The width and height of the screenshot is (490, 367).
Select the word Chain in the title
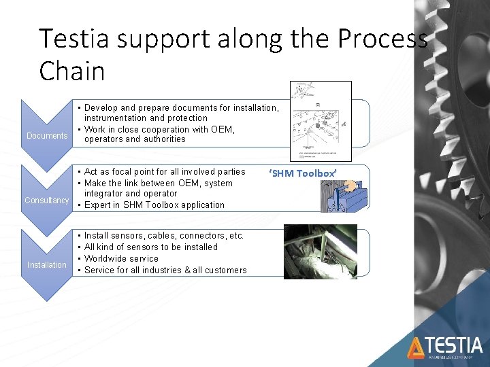[72, 70]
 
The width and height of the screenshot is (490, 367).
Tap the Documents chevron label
[47, 136]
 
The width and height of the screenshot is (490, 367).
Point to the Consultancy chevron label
[47, 200]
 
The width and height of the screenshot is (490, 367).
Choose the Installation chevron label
[47, 265]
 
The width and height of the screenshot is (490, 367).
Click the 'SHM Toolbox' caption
[303, 173]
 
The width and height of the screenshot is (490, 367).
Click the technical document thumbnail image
[320, 120]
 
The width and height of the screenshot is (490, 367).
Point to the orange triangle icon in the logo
[416, 348]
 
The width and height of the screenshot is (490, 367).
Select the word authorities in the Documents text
[163, 139]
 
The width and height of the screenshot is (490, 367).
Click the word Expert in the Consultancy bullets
[98, 205]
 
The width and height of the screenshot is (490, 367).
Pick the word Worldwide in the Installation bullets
[107, 259]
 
